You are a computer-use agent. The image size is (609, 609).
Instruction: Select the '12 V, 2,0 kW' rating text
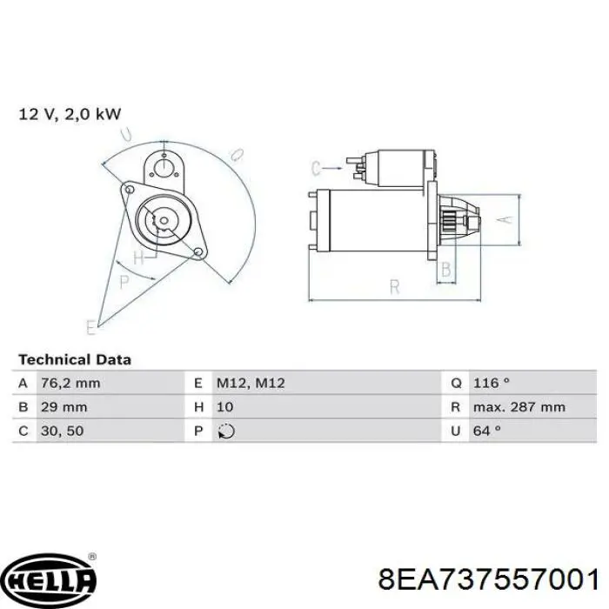[70, 113]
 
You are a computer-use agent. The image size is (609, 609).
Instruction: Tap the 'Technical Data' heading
[75, 359]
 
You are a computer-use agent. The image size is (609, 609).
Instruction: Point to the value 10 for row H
[224, 406]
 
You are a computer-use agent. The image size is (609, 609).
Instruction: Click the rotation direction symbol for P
[227, 430]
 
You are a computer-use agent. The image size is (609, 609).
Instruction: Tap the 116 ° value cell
[492, 383]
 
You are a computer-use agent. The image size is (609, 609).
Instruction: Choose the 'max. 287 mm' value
[519, 406]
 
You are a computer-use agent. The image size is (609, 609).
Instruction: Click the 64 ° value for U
[488, 430]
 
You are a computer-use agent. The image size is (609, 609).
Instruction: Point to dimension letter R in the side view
[393, 286]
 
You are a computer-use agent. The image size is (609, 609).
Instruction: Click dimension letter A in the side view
[501, 221]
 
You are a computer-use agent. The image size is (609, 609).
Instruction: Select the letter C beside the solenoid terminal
[316, 167]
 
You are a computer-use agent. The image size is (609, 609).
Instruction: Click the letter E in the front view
[90, 326]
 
